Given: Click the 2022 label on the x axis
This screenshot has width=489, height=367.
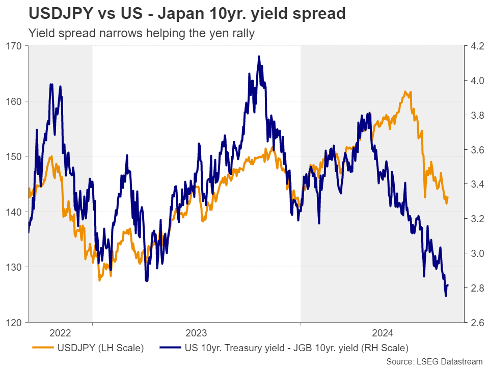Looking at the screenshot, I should click(60, 333).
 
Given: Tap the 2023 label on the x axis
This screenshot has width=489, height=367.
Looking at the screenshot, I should click(196, 333).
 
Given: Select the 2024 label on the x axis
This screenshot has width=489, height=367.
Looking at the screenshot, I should click(382, 333).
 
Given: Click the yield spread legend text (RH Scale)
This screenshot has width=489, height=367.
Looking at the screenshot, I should click(296, 349).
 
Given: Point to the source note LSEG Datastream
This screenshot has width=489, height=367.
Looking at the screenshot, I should click(434, 361).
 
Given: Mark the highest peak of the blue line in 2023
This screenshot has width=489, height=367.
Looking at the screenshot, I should click(259, 56).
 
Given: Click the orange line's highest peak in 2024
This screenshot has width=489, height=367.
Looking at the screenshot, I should click(405, 92).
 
